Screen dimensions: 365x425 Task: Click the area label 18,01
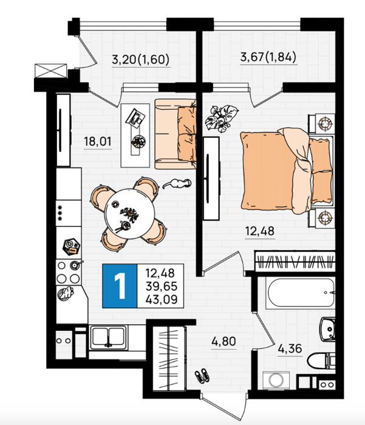[97, 141]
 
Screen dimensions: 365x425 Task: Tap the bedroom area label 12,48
[260, 231]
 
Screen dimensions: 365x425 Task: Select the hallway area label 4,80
[223, 341]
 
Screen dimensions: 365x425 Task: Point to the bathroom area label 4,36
[290, 348]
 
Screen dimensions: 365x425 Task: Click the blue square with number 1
[120, 286]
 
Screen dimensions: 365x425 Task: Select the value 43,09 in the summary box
[162, 299]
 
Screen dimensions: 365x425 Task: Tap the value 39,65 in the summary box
[162, 286]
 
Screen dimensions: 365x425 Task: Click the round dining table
[130, 214]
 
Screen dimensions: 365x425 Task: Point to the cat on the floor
[177, 184]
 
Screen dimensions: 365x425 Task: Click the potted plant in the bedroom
[222, 118]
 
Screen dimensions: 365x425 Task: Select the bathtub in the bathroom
[301, 293]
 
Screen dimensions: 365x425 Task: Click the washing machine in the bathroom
[276, 380]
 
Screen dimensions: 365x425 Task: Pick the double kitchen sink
[108, 338]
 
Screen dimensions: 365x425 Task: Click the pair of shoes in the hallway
[202, 375]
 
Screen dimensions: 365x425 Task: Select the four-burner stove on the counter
[69, 272]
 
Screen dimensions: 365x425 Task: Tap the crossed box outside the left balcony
[50, 71]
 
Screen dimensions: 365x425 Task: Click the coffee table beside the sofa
[135, 135]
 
